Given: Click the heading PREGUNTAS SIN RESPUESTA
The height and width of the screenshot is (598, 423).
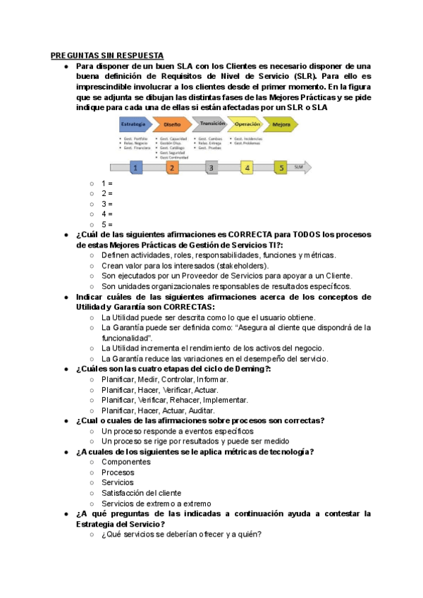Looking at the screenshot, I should pyautogui.click(x=107, y=55).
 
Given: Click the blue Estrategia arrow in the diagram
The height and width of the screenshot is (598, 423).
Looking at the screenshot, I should pyautogui.click(x=134, y=124).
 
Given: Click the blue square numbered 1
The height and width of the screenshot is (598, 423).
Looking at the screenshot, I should pyautogui.click(x=137, y=168).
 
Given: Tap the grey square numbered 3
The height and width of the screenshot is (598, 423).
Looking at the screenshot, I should pyautogui.click(x=211, y=168).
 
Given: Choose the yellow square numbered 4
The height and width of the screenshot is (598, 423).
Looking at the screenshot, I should pyautogui.click(x=247, y=168).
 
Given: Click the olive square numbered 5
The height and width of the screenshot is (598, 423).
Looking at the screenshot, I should pyautogui.click(x=281, y=168).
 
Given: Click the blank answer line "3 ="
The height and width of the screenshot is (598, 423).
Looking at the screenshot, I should pyautogui.click(x=107, y=203).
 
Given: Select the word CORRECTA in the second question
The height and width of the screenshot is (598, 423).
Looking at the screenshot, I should pyautogui.click(x=250, y=234).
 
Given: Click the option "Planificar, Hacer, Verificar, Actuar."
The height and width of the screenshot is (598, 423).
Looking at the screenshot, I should pyautogui.click(x=160, y=389).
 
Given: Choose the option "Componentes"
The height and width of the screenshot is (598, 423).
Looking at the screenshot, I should pyautogui.click(x=126, y=462).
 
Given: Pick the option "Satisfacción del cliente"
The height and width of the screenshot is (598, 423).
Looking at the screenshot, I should pyautogui.click(x=147, y=493).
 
